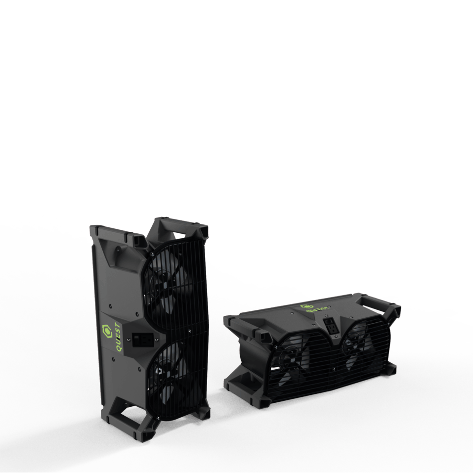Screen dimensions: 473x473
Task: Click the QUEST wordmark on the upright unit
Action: tap(118, 338)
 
